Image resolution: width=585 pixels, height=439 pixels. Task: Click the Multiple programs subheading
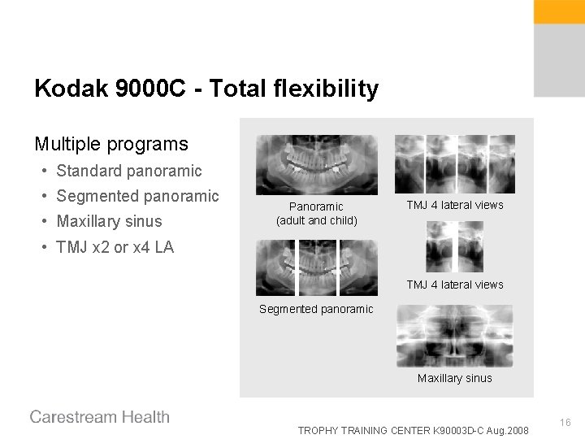tap(111, 145)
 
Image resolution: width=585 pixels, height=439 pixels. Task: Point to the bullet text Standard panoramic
tap(129, 171)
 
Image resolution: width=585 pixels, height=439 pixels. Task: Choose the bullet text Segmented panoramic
tap(138, 196)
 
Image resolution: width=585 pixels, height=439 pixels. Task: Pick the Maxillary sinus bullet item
tap(110, 221)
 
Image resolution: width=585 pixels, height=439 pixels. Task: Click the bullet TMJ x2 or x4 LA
tap(115, 247)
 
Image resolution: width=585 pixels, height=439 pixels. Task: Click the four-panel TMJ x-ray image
tap(454, 164)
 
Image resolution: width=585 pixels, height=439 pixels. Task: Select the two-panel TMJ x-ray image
tap(454, 246)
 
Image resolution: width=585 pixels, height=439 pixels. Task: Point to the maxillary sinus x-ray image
tap(454, 336)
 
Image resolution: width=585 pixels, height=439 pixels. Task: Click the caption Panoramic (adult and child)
tap(316, 214)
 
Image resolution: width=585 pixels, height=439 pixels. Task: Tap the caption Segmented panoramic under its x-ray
tap(316, 309)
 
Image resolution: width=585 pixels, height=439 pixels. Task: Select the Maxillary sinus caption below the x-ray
tap(454, 378)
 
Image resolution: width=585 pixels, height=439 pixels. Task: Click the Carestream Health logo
tap(100, 417)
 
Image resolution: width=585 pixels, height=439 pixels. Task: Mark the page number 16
tap(565, 422)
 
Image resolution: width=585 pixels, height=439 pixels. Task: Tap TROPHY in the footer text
tap(320, 429)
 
